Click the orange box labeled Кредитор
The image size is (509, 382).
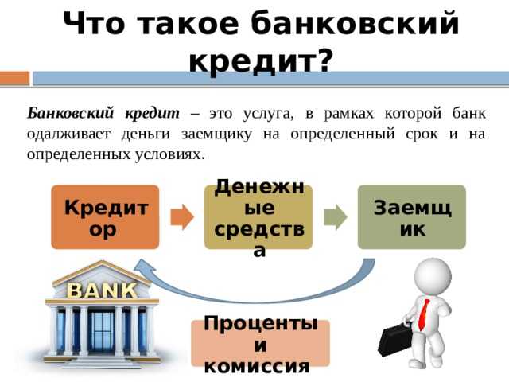point(106,216)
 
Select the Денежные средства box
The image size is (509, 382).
point(258,216)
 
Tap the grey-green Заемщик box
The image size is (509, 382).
point(411,216)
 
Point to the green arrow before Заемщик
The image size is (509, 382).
point(335,216)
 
